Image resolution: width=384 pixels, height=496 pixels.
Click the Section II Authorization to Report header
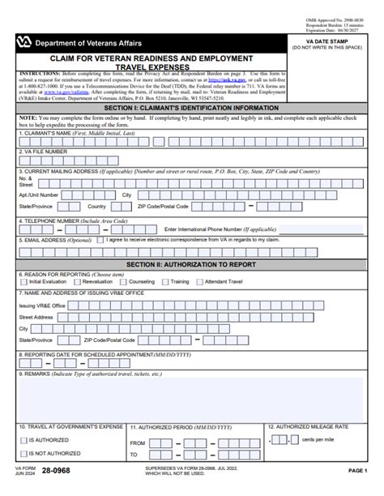click(192, 264)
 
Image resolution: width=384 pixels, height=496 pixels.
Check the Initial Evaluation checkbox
click(23, 282)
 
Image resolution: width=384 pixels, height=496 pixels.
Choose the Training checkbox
click(168, 282)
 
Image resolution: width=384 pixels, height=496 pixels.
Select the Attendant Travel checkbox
click(203, 282)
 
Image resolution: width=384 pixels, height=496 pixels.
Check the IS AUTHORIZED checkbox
click(23, 441)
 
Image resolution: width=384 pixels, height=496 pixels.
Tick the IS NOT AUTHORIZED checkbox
click(23, 454)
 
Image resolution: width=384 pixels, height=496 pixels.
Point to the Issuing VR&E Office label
click(42, 305)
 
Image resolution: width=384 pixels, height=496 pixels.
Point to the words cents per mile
click(318, 439)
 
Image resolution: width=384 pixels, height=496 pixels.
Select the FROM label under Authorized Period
click(139, 443)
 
